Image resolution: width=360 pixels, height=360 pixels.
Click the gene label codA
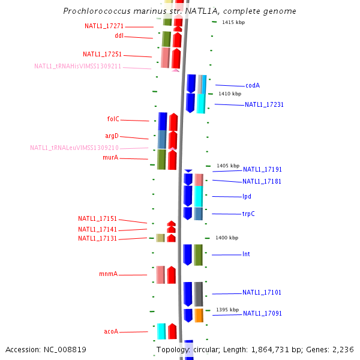[x=253, y=85]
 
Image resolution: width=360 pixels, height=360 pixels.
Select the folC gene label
[x=113, y=119]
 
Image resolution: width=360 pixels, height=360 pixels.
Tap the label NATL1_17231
[x=264, y=104]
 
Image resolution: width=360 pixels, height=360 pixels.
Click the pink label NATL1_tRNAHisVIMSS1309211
[x=77, y=66]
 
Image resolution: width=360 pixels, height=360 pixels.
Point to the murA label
[x=110, y=157]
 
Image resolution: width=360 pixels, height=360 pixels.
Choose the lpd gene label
[x=247, y=197]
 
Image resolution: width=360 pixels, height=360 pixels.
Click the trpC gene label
[x=248, y=214]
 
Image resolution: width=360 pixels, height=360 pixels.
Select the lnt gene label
[x=246, y=254]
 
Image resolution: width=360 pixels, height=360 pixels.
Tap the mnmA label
[x=109, y=274]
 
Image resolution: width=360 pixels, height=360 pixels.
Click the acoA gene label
[x=111, y=331]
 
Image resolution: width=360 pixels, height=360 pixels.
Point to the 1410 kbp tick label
[x=230, y=94]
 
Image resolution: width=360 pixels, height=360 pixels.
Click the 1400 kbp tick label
[x=227, y=238]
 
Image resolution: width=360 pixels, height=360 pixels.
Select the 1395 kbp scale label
[x=227, y=310]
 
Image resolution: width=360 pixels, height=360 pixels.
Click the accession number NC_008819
[x=65, y=349]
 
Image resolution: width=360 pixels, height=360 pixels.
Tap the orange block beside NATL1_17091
[x=199, y=316]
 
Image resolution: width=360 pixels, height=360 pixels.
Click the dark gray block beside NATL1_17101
[x=199, y=294]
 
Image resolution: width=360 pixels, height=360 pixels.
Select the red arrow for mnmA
[x=171, y=275]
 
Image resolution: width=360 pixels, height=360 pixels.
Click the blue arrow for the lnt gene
[x=188, y=255]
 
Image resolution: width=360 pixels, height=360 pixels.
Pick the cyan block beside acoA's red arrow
[x=161, y=331]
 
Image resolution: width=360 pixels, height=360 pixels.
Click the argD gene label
[x=112, y=136]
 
